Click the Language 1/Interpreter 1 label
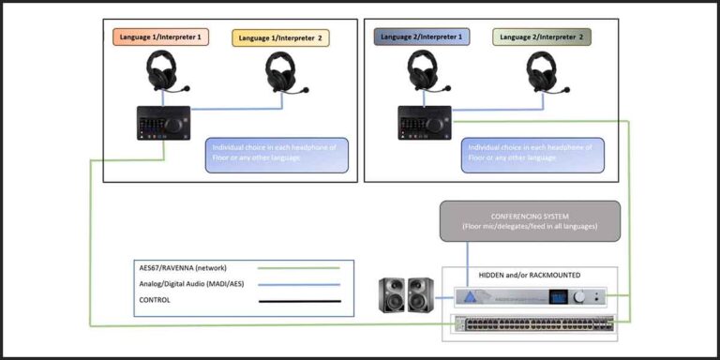tap(161, 37)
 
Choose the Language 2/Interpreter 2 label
tap(542, 37)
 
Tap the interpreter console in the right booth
tap(425, 123)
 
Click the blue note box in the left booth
tap(277, 156)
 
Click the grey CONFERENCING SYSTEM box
tap(530, 220)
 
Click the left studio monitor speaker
tap(391, 297)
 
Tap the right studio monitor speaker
tap(421, 297)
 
